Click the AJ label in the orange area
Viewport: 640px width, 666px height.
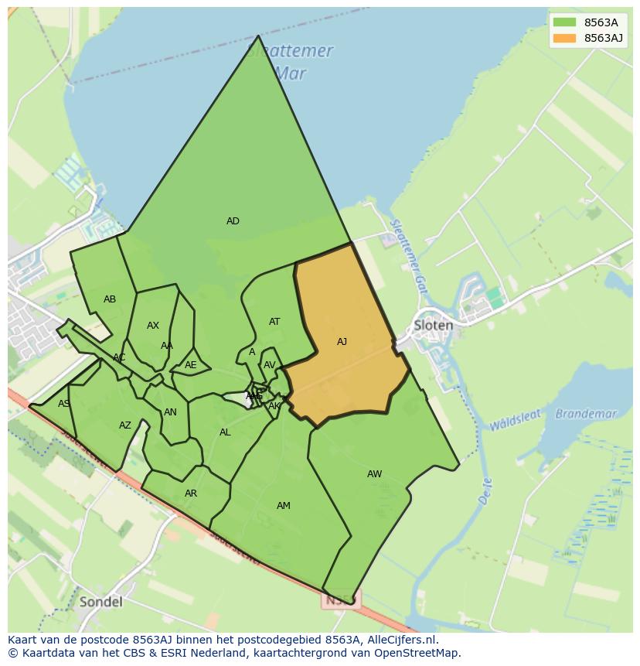pos(342,342)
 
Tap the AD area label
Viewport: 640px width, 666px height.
pos(233,221)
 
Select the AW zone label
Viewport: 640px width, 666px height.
pos(374,474)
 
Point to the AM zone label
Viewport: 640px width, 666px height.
pos(284,506)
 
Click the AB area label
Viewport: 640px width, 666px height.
pos(110,299)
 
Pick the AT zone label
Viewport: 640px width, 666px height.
pos(274,322)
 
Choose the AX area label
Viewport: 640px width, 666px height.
pos(153,326)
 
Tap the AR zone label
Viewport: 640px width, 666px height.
pos(191,494)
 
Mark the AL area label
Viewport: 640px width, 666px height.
pos(225,432)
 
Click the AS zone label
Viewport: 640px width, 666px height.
pos(63,404)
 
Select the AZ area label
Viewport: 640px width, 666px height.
pos(125,425)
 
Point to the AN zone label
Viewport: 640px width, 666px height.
pos(170,412)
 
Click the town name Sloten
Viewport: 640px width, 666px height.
pos(433,325)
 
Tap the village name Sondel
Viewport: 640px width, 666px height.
pos(100,601)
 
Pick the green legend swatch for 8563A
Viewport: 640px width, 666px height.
pos(564,22)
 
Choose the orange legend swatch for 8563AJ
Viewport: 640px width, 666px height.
pos(564,38)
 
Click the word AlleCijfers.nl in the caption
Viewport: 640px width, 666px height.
pos(400,640)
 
